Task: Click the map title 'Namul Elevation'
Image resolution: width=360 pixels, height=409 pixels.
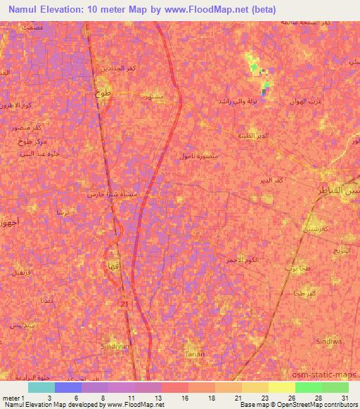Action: (42, 9)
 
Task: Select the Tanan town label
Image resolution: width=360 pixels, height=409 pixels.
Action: (195, 353)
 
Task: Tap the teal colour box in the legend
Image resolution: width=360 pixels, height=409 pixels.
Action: (41, 387)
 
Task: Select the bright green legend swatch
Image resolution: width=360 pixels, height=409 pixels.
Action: (308, 387)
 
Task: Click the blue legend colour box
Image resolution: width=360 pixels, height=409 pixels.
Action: (68, 387)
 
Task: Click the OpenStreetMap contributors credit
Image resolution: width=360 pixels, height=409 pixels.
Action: (318, 405)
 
